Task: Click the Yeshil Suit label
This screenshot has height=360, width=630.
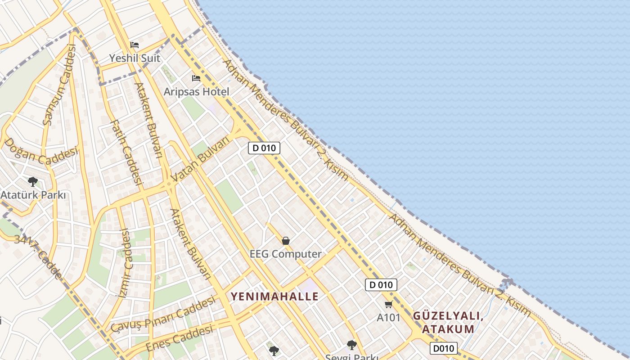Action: pyautogui.click(x=135, y=58)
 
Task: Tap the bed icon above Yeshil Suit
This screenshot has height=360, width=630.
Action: pyautogui.click(x=135, y=45)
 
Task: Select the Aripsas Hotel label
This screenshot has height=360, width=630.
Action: pyautogui.click(x=196, y=92)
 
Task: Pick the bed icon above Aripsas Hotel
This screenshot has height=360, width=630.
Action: pyautogui.click(x=196, y=78)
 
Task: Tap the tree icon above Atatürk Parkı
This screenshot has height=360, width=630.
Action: pyautogui.click(x=32, y=182)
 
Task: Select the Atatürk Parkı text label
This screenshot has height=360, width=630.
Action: pyautogui.click(x=33, y=195)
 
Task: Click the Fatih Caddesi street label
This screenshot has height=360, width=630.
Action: pyautogui.click(x=126, y=153)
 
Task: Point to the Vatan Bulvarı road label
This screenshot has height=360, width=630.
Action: pyautogui.click(x=201, y=160)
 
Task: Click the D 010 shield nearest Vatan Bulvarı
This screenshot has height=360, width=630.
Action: pyautogui.click(x=264, y=148)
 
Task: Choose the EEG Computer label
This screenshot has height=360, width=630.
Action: pyautogui.click(x=286, y=254)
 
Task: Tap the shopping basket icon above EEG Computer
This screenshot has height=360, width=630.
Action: pyautogui.click(x=286, y=241)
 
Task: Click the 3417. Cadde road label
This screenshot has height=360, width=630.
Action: pyautogui.click(x=38, y=256)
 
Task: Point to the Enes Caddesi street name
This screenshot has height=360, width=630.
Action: pyautogui.click(x=179, y=339)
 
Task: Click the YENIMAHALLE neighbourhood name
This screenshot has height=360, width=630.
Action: pyautogui.click(x=274, y=297)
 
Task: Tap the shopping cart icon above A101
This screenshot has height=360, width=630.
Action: pyautogui.click(x=389, y=304)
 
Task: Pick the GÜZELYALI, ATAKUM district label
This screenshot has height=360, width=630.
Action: pyautogui.click(x=448, y=322)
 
